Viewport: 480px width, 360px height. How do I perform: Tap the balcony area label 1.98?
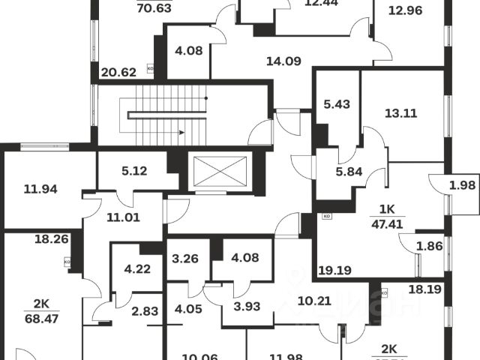[463, 185]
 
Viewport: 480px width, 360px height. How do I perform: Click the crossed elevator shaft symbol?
[220, 172]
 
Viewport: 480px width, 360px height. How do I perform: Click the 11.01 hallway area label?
[123, 219]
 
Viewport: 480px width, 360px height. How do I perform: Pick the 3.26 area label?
[185, 260]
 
